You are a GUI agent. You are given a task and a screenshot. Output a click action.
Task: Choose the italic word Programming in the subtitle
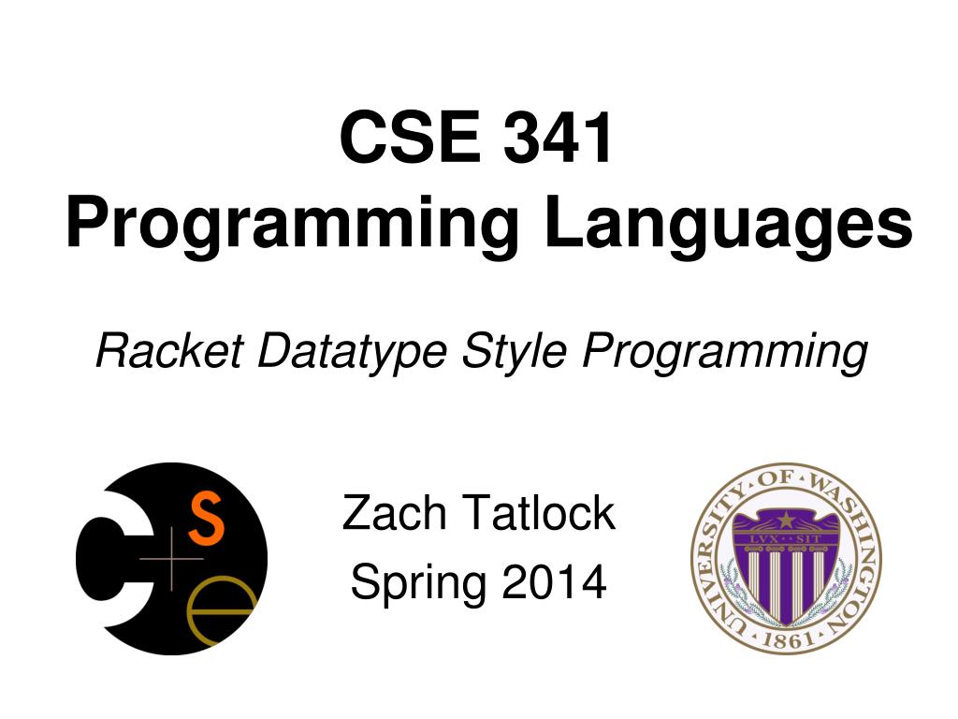click(x=723, y=352)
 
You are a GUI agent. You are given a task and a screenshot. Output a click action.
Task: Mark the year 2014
click(x=555, y=583)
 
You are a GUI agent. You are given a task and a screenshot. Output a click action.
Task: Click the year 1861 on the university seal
click(x=786, y=640)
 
